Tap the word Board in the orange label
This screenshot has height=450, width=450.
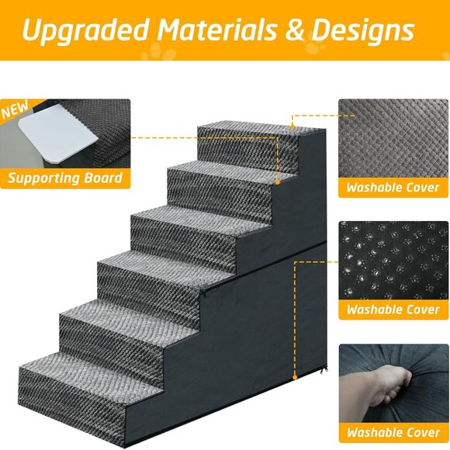click(105, 178)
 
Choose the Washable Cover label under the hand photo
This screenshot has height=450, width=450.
click(393, 431)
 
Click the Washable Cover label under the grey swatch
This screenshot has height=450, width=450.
click(393, 188)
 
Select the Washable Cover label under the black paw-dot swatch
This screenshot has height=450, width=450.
click(393, 310)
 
